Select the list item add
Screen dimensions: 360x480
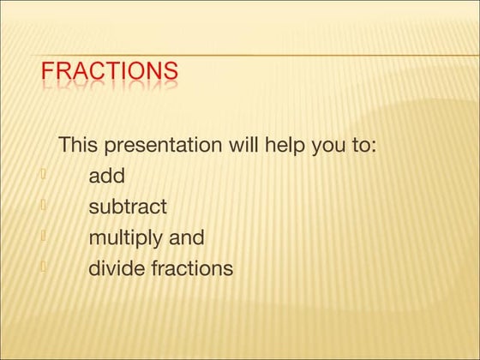tap(106, 177)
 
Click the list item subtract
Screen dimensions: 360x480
tap(128, 207)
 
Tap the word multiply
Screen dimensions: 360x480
tap(128, 238)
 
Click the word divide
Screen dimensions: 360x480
tap(117, 268)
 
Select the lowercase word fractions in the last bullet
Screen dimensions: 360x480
tap(192, 268)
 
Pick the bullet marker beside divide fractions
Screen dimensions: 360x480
tap(42, 267)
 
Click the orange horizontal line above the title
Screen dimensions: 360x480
tap(257, 56)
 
